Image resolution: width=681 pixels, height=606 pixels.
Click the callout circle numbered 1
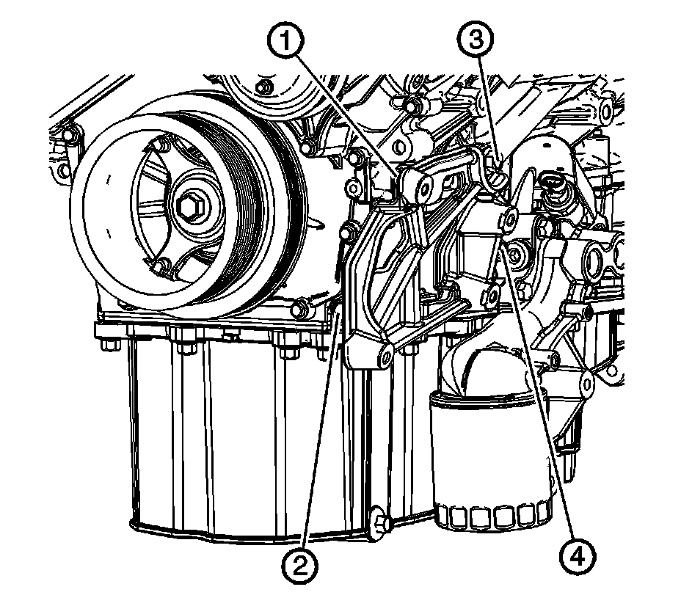(x=285, y=41)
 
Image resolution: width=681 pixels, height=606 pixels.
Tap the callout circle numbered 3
(x=476, y=40)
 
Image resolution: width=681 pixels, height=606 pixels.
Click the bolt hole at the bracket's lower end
(x=385, y=356)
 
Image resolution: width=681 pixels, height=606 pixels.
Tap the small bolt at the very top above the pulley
(x=261, y=87)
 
